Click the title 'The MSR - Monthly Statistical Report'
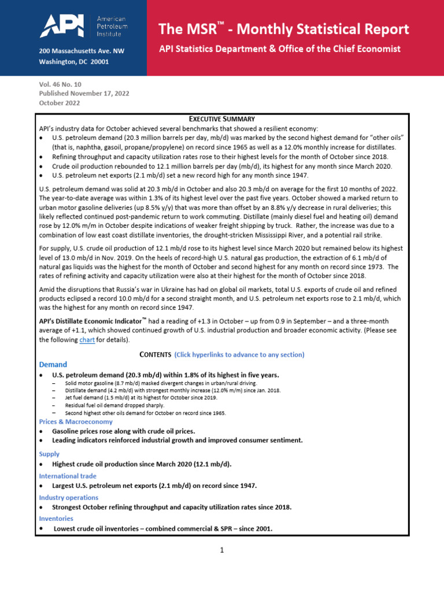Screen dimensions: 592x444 (284, 29)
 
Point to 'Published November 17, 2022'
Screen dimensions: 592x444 (84, 93)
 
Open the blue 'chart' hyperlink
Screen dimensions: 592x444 (87, 340)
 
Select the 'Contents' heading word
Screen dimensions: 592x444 (156, 354)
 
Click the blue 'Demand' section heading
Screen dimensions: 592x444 (53, 365)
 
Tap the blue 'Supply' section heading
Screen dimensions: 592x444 (49, 454)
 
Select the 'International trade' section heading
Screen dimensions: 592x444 (68, 476)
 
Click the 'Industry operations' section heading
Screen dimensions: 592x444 (68, 497)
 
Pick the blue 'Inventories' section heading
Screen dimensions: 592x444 (57, 519)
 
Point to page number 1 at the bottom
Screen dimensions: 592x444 (221, 550)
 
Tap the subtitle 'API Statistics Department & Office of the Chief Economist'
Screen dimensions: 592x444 (280, 49)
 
